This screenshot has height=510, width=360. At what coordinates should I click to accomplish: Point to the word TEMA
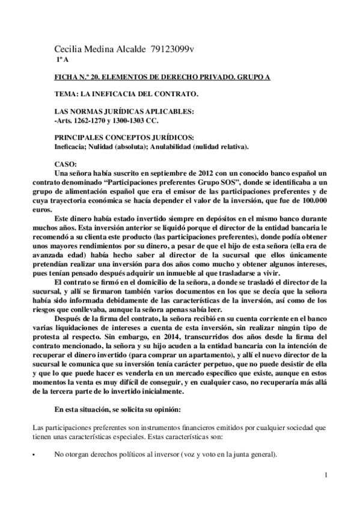(x=66, y=95)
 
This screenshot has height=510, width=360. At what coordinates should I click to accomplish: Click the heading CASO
(x=64, y=164)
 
